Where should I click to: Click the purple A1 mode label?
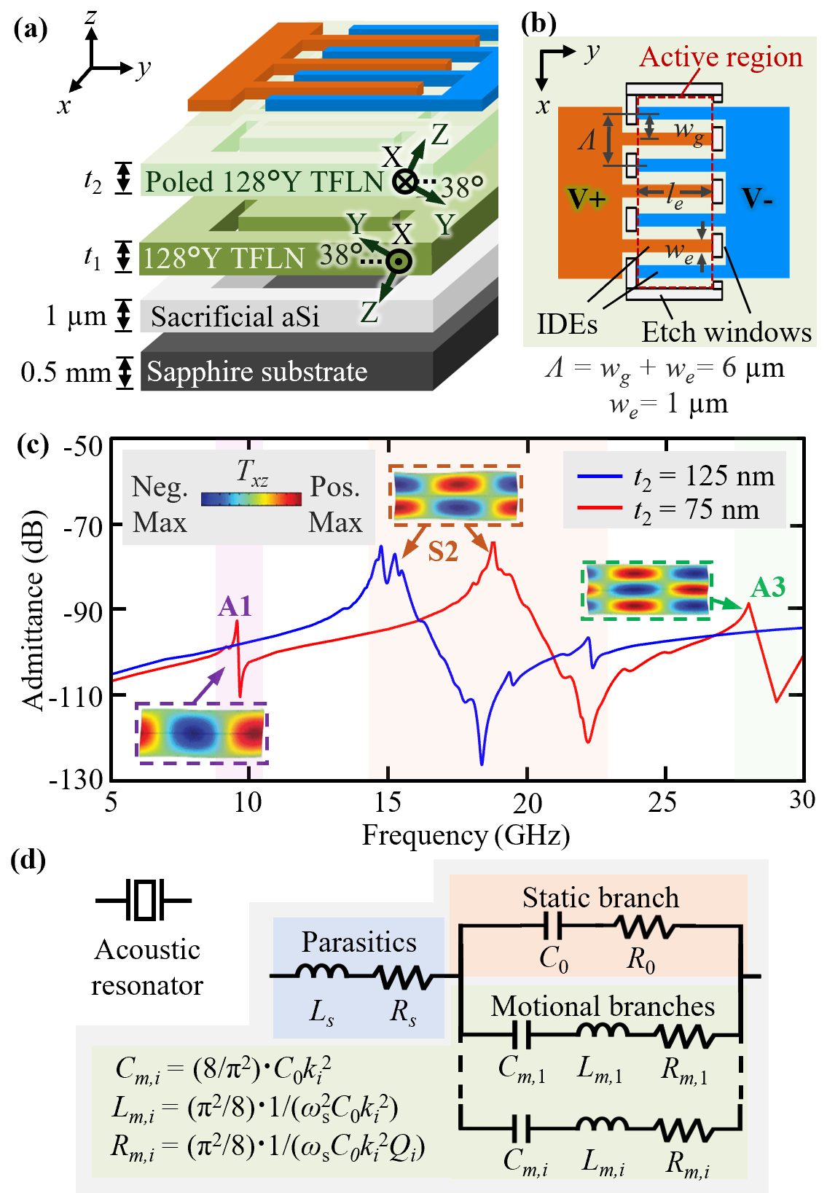click(x=235, y=606)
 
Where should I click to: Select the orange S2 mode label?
click(x=443, y=552)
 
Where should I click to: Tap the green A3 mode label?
click(x=768, y=587)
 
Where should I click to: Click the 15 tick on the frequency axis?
click(x=388, y=802)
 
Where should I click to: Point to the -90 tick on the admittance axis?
click(x=83, y=611)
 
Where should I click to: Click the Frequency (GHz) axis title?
click(x=466, y=835)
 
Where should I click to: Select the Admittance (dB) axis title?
click(x=34, y=610)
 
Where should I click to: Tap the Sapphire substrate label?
click(x=257, y=372)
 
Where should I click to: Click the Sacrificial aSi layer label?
click(x=235, y=317)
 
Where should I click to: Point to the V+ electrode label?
click(x=587, y=198)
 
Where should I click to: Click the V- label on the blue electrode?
click(x=757, y=198)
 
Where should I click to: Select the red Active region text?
click(x=721, y=57)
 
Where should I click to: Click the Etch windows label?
click(x=726, y=332)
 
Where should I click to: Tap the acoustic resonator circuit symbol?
click(x=144, y=900)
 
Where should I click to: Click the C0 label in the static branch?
click(x=554, y=959)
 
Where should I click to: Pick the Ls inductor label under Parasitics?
click(x=321, y=1012)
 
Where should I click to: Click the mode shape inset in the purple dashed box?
click(x=202, y=733)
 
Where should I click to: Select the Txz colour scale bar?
click(x=251, y=499)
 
